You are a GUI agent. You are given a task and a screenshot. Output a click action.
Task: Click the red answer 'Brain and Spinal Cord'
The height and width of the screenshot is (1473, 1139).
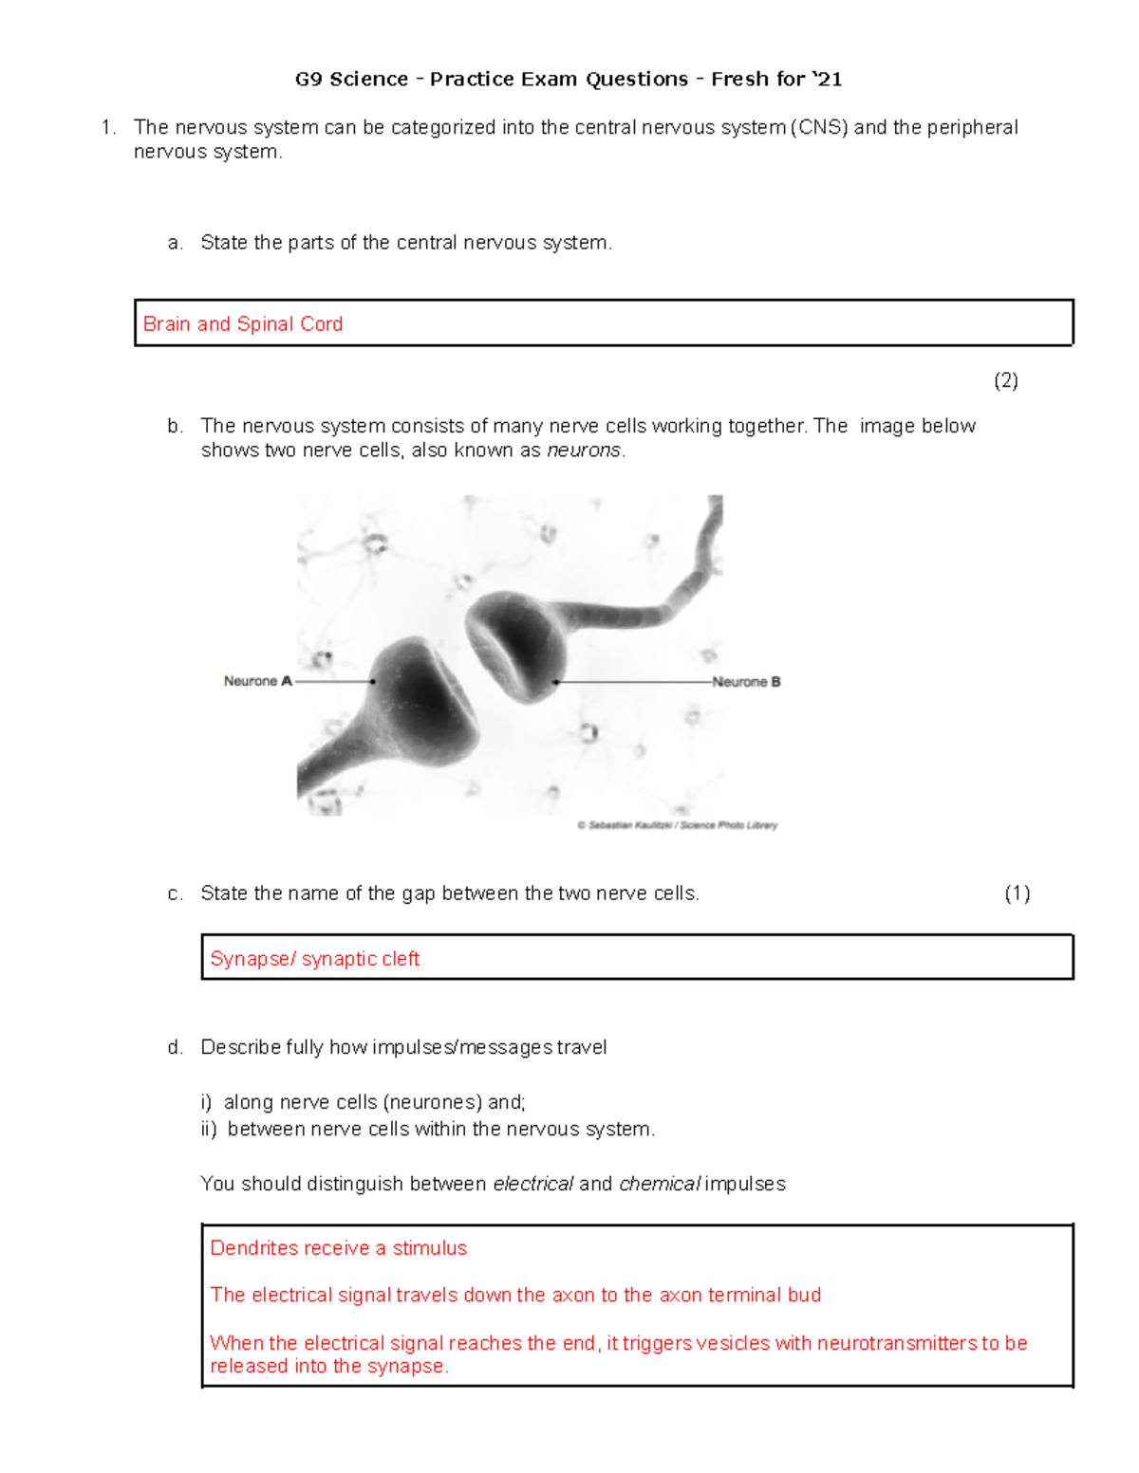click(242, 324)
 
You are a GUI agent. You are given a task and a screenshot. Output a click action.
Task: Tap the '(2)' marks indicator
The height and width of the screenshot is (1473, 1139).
click(1005, 381)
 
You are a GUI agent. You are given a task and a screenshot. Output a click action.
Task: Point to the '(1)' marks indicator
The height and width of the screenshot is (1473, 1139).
click(1017, 893)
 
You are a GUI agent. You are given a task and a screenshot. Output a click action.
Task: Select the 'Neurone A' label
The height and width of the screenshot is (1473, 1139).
click(257, 681)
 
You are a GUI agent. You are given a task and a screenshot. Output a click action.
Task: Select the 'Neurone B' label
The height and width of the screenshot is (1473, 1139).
click(747, 682)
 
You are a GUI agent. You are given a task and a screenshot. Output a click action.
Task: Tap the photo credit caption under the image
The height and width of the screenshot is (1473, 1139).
click(677, 825)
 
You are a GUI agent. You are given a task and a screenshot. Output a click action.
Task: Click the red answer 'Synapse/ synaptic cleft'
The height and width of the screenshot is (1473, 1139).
click(314, 959)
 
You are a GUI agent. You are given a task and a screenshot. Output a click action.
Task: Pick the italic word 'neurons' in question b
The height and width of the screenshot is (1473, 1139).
click(584, 451)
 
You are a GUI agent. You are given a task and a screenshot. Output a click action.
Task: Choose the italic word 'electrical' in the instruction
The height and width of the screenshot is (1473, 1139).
click(532, 1184)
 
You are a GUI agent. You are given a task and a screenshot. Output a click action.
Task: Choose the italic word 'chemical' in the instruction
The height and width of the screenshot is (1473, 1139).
click(659, 1184)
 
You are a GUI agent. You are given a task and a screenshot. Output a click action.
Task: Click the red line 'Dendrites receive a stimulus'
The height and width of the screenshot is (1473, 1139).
click(338, 1248)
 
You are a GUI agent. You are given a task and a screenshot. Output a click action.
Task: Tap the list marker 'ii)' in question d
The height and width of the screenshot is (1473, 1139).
click(209, 1130)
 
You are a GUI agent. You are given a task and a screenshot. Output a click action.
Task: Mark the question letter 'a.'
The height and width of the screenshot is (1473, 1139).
click(175, 244)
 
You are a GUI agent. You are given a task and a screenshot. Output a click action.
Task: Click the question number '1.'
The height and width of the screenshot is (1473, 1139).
click(109, 128)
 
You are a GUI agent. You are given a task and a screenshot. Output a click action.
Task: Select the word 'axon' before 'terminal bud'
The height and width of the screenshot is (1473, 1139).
click(681, 1296)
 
